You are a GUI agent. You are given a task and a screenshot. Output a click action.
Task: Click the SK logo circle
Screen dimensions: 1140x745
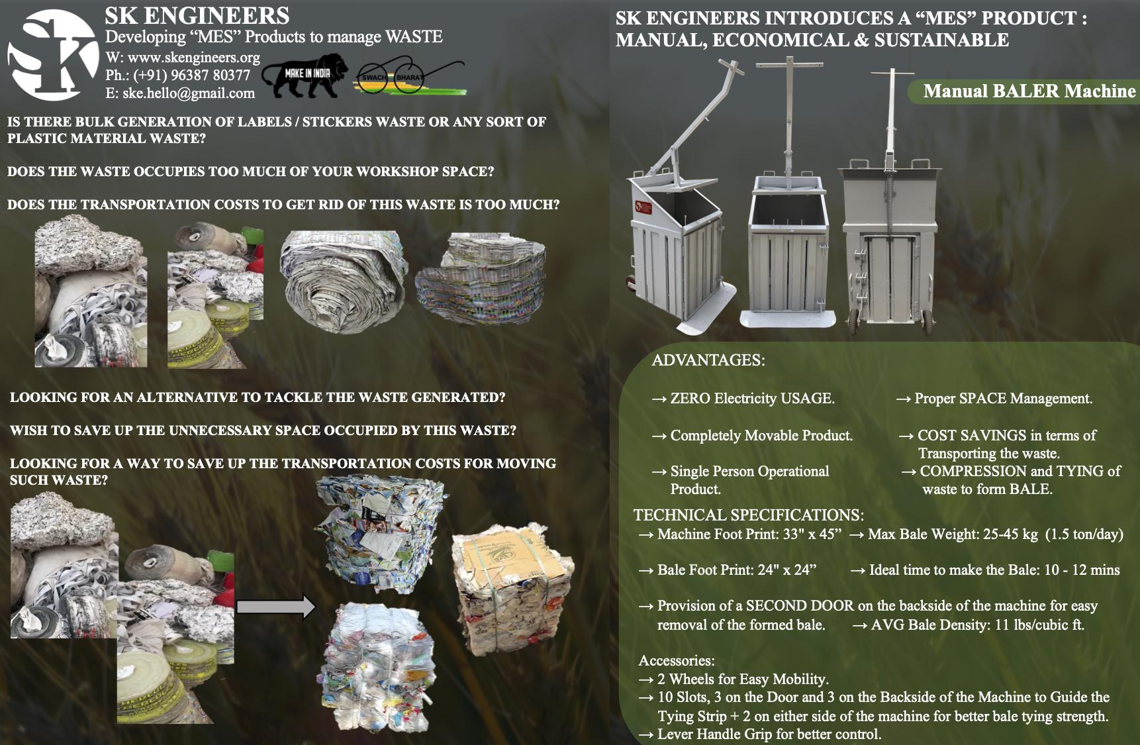(53, 55)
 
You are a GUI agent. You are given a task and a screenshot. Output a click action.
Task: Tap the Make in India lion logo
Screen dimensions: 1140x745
(305, 74)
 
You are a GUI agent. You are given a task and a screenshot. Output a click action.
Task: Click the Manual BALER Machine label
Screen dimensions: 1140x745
(1029, 91)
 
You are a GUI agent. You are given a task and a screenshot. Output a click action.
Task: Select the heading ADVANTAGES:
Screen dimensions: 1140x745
(708, 360)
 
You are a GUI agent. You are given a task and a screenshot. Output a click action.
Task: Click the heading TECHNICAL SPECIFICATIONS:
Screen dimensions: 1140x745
(749, 515)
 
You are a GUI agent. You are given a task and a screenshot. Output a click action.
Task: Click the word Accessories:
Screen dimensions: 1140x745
(677, 661)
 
